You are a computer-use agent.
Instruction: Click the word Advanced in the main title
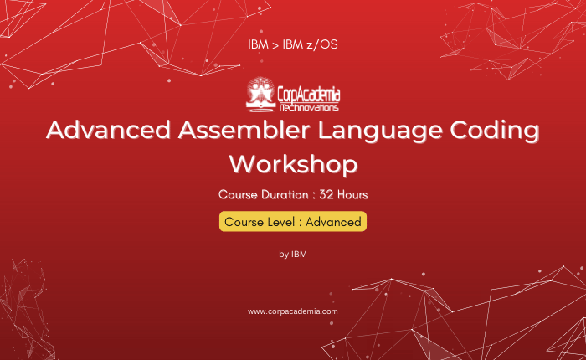point(108,130)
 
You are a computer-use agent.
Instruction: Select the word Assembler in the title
point(244,130)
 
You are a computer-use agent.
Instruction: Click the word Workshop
point(293,164)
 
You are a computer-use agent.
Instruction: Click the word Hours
point(352,195)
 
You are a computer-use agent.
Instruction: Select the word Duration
point(285,195)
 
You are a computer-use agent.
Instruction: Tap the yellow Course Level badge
point(293,221)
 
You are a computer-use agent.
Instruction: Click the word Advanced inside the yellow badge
point(333,222)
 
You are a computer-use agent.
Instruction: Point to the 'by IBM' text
point(293,255)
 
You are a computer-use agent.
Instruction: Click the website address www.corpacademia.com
point(293,311)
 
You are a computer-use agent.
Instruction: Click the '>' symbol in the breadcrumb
point(275,45)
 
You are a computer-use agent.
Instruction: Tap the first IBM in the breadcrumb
point(258,44)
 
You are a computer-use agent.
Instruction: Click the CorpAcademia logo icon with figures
point(260,95)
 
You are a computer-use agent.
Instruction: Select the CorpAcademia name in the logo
point(309,95)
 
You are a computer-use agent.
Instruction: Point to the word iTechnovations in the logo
point(309,108)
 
